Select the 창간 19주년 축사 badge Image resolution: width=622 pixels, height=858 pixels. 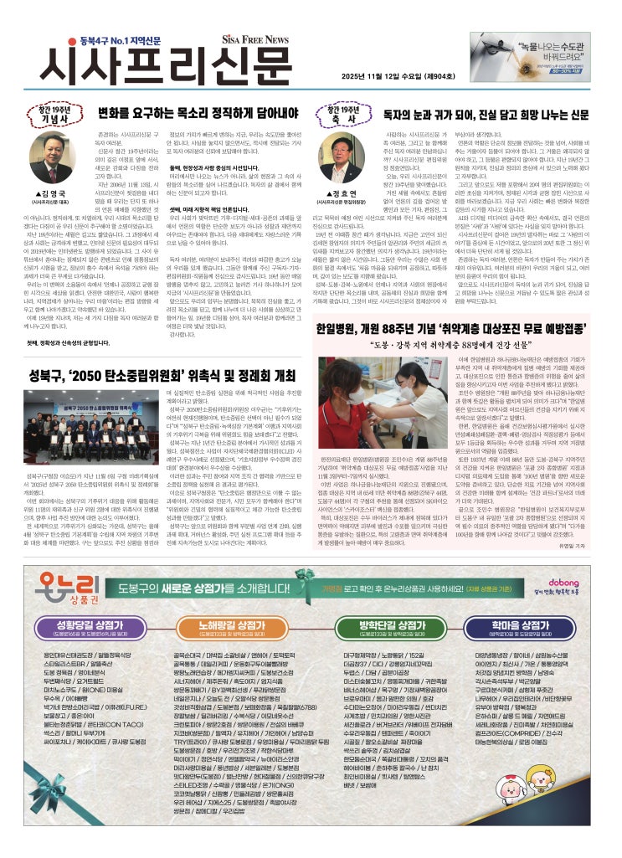343,114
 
